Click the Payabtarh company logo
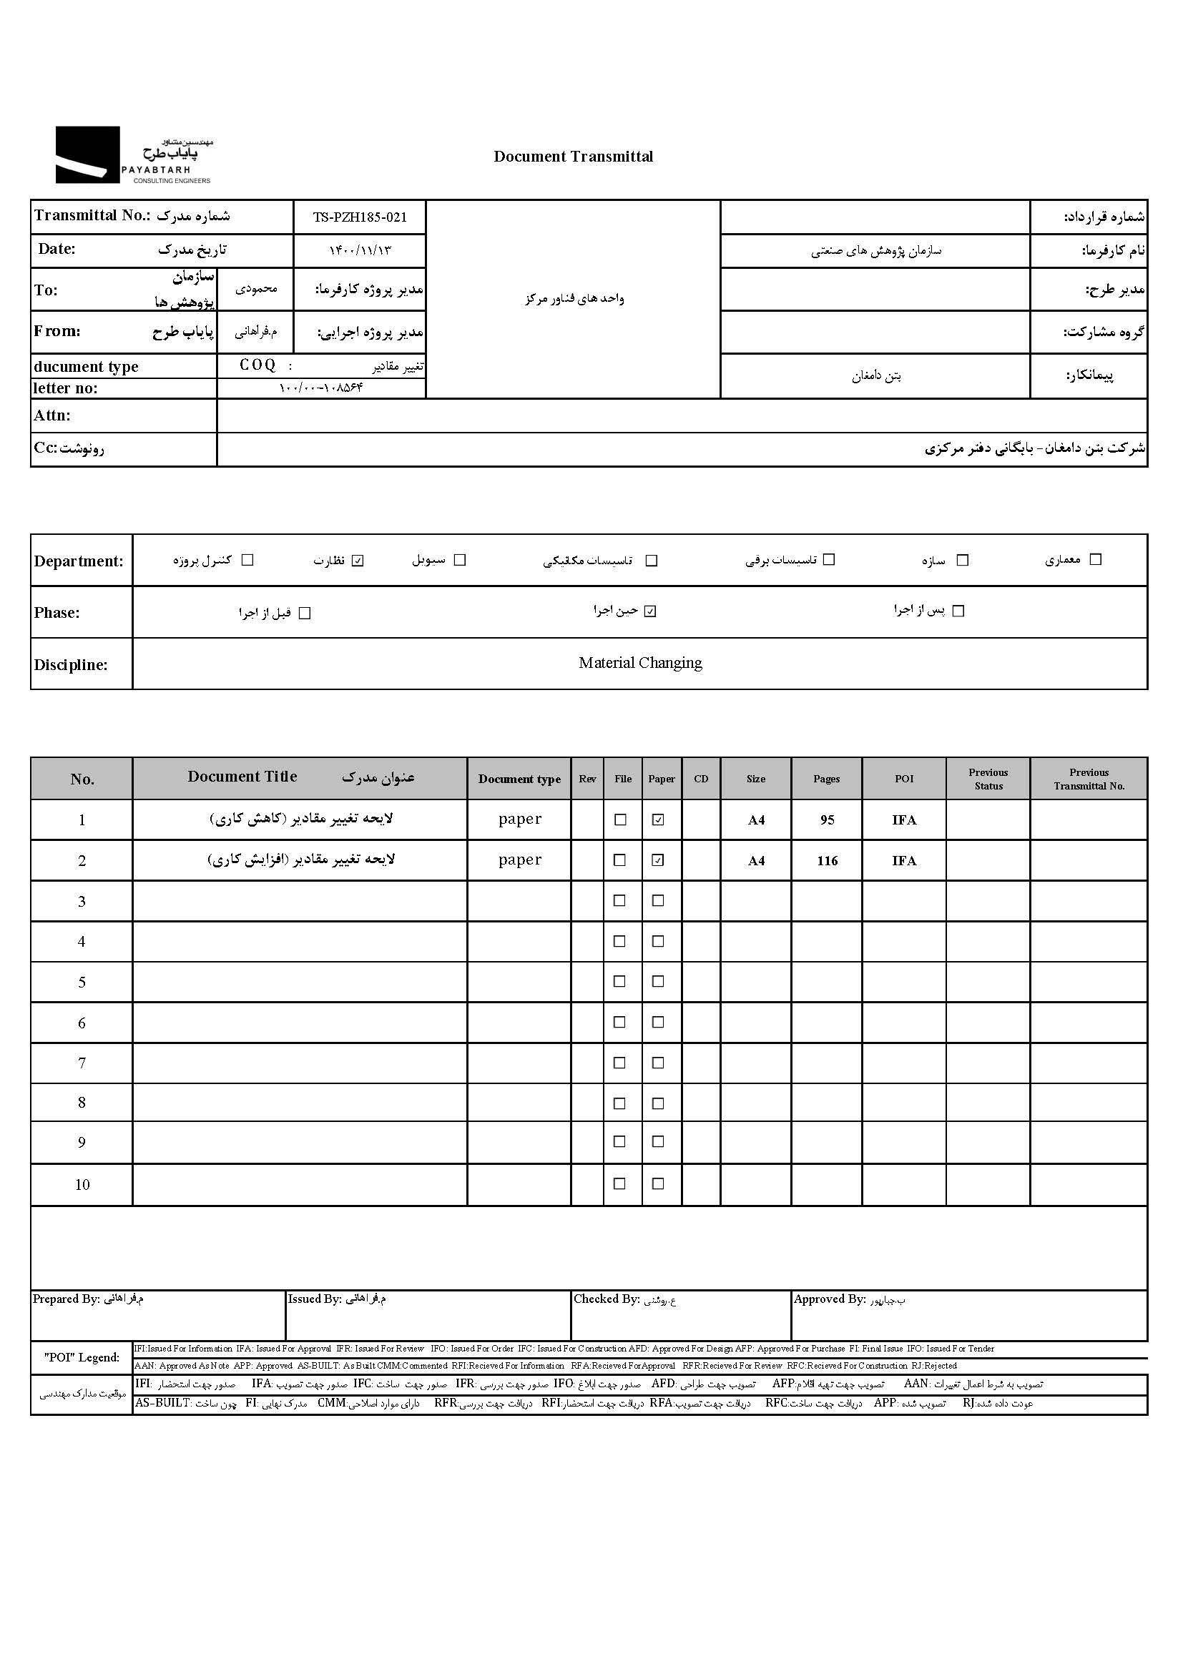coord(133,155)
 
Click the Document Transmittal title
coord(574,157)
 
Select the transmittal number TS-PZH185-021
coord(360,217)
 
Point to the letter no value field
coord(320,388)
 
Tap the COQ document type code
coord(258,365)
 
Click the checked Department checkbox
coord(358,561)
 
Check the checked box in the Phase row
coord(650,611)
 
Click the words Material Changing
coord(640,663)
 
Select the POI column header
coord(904,779)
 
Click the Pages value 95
coord(827,820)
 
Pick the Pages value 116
coord(827,861)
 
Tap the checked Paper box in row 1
coord(658,820)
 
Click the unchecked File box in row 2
coord(620,860)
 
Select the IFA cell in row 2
coord(904,861)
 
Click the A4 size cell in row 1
coord(756,820)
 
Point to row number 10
coord(82,1185)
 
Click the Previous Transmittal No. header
coord(1089,779)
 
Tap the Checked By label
coord(606,1299)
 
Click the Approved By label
coord(829,1299)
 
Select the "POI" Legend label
coord(82,1357)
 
